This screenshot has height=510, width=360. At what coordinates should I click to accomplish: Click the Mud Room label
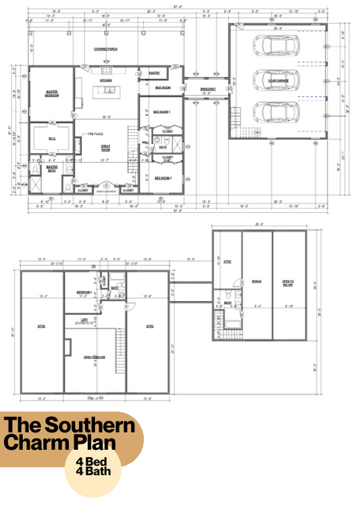coord(162,86)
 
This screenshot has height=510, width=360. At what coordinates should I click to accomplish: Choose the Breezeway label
coord(207,89)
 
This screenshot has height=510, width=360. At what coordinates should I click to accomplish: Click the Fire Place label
coord(94,135)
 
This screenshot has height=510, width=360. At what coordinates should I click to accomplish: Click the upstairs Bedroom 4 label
coord(84,291)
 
